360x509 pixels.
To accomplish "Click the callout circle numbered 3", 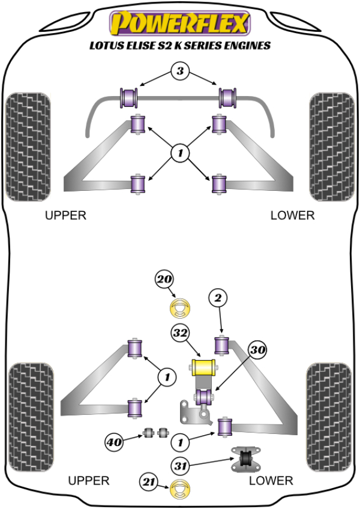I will pyautogui.click(x=179, y=71).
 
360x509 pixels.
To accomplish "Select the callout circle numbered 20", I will pyautogui.click(x=164, y=279).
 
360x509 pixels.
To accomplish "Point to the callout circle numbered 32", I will pyautogui.click(x=179, y=331).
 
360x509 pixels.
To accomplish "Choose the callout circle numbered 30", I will pyautogui.click(x=258, y=349).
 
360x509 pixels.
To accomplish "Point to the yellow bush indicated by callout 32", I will pyautogui.click(x=203, y=367).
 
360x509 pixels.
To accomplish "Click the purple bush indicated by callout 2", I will pyautogui.click(x=223, y=345).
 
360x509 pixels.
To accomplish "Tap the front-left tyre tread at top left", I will pyautogui.click(x=27, y=147).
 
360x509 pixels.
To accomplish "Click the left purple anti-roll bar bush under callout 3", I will pyautogui.click(x=130, y=96).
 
